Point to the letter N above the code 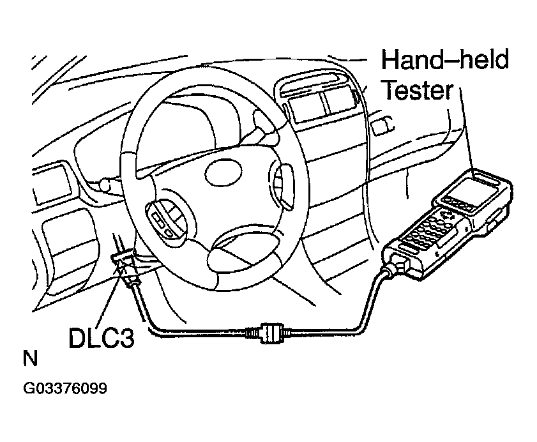click(30, 358)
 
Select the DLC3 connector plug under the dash click(126, 263)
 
